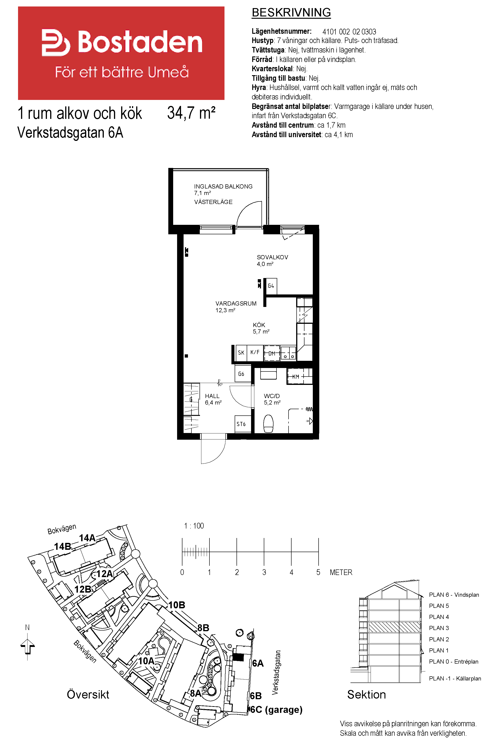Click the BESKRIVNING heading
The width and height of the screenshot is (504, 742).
pos(291,12)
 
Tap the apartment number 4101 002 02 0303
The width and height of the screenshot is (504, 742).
pos(349,32)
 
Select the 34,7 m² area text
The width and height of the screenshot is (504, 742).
pos(191,113)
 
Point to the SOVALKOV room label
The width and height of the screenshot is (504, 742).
pos(272,257)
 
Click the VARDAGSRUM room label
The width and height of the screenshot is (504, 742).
pos(236,303)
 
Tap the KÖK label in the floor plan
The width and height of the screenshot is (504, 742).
pos(259,325)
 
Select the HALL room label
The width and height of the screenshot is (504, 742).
pos(212,396)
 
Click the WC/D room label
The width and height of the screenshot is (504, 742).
pos(272,396)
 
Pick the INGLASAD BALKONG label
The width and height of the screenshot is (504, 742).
pos(223,186)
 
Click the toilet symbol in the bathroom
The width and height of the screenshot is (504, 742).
pos(268,423)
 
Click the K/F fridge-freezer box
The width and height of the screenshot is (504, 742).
pos(255,353)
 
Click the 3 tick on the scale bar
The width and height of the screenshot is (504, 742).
pos(264,552)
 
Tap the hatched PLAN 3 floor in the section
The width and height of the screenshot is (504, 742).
pos(394,627)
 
